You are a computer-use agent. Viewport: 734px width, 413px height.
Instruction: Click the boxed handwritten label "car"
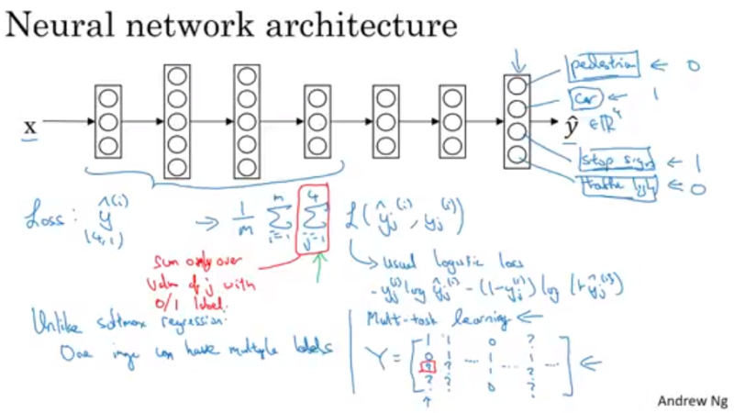coord(583,96)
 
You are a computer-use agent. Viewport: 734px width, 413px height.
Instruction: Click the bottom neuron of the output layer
coord(517,154)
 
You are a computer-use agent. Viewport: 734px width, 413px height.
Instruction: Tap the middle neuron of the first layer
coord(108,121)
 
